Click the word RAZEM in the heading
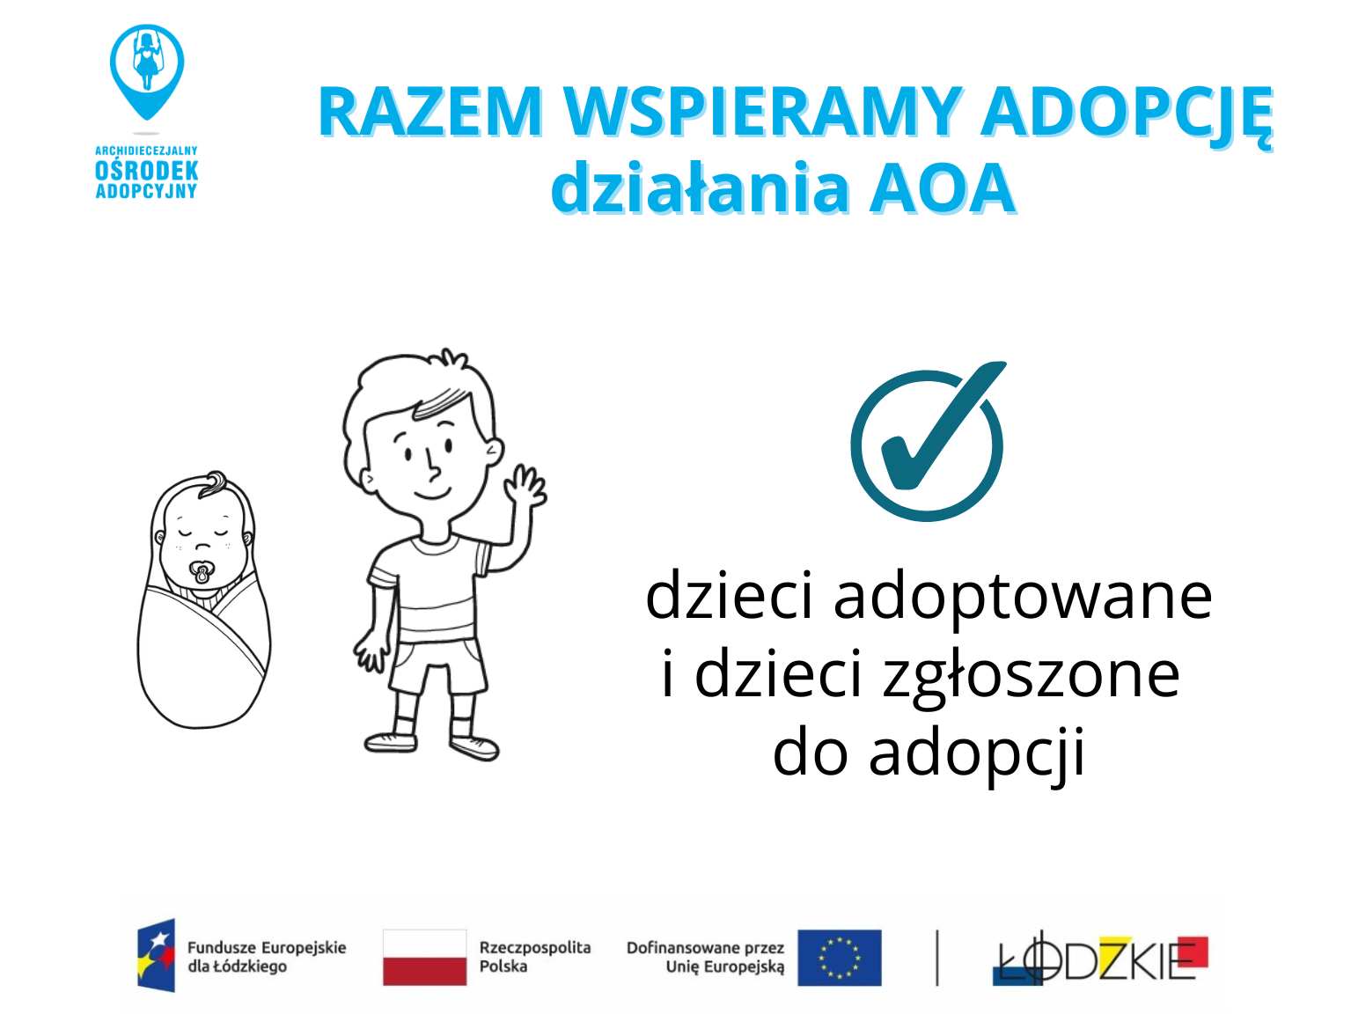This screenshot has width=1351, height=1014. point(430,112)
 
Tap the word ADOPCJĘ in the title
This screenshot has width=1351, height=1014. point(1127,114)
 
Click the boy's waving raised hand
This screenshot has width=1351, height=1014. point(525,488)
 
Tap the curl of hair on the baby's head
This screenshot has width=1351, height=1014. point(213,483)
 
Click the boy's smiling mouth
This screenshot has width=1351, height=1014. point(432,493)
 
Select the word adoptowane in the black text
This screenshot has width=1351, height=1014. point(1023,598)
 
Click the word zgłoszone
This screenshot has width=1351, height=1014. point(1031,677)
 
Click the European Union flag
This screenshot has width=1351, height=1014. point(840,958)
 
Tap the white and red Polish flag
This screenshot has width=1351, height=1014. point(425,958)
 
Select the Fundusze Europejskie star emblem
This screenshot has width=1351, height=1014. point(157,956)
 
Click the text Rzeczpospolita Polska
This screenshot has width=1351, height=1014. point(535,957)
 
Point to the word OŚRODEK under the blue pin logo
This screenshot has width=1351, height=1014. point(146,171)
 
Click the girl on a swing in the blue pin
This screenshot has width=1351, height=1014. point(147,61)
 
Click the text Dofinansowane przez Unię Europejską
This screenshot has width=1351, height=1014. point(705,958)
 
